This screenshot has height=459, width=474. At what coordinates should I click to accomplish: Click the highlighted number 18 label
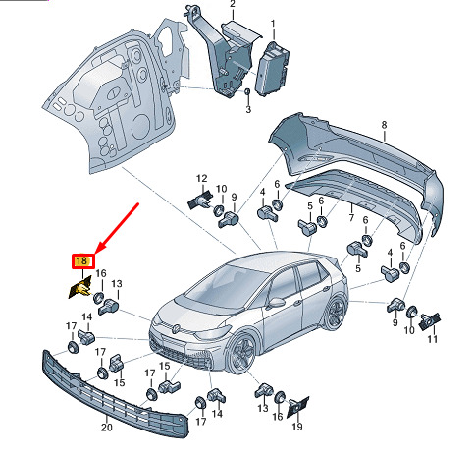(83, 261)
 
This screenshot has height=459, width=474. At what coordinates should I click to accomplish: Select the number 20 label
(106, 427)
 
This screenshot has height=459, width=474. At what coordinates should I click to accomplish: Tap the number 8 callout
(384, 125)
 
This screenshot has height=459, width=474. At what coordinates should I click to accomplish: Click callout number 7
(351, 217)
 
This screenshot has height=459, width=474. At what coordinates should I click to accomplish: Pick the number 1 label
(273, 24)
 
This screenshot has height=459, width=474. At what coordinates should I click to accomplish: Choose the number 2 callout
(233, 4)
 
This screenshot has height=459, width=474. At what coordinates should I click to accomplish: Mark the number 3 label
(248, 109)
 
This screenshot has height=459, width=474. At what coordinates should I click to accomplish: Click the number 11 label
(432, 339)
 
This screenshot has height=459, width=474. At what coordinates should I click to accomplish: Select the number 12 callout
(202, 179)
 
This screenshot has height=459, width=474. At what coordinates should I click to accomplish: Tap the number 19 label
(297, 427)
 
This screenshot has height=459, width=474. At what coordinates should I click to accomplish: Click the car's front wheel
(242, 354)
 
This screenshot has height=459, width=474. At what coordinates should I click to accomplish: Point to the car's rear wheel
(335, 312)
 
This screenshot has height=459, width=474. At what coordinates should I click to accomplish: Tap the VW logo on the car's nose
(177, 327)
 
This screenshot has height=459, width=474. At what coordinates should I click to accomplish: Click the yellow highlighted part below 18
(80, 288)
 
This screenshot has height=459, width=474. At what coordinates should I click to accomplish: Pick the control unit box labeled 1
(271, 69)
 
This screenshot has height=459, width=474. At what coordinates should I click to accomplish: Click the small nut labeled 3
(247, 92)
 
